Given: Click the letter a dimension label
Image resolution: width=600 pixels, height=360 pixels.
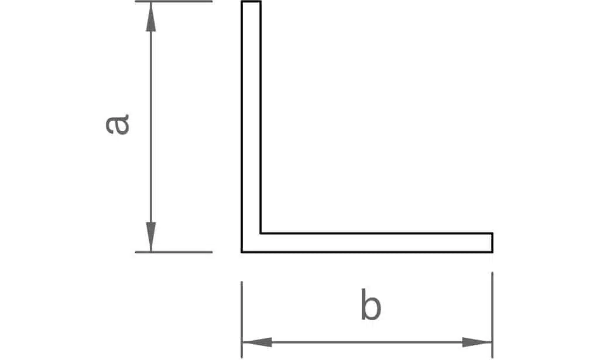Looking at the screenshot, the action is pos(117,125).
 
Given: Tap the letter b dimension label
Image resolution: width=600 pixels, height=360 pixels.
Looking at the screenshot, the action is pos(371,305).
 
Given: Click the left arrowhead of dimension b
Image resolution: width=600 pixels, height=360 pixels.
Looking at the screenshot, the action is pos(257,342).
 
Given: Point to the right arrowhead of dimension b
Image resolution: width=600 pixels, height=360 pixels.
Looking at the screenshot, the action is pos(477,342).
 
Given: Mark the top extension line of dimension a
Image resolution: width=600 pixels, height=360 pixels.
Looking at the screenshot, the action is pos(174,2).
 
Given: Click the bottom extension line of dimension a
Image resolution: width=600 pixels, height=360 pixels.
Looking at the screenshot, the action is pos(174,252).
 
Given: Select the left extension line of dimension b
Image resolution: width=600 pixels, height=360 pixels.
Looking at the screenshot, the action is pos(242,320).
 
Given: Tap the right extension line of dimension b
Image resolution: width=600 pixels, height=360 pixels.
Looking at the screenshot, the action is pos(492,315).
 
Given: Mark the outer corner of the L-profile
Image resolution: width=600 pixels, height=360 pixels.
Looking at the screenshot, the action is pos(242,252).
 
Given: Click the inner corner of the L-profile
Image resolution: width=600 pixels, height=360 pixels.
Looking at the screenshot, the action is pos(261,233).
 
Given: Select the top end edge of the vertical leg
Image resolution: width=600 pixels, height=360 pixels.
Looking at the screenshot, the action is pos(251,2).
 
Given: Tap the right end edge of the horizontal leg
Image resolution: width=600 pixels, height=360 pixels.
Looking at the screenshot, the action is pos(492,242).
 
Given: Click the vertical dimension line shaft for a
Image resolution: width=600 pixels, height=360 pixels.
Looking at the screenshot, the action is pos(151,126).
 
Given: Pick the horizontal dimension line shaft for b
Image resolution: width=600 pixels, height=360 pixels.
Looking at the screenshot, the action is pos(367,342).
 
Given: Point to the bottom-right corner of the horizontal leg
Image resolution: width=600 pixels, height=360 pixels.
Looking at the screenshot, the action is pos(492,252).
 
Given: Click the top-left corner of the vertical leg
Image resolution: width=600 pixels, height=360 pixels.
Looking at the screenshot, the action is pos(242,2).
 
